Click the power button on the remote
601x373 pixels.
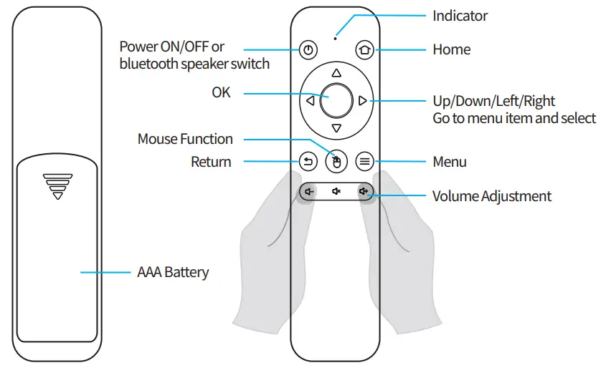click(x=308, y=50)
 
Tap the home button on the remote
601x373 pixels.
click(x=364, y=50)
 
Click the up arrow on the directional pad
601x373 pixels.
click(x=336, y=73)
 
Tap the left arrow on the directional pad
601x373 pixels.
click(x=309, y=102)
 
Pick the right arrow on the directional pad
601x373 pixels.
click(x=363, y=102)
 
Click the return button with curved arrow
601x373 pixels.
click(x=308, y=162)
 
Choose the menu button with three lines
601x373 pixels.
click(x=364, y=162)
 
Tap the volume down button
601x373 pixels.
click(x=308, y=191)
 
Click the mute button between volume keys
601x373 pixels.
click(x=336, y=191)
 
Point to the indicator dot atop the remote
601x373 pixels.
click(x=336, y=37)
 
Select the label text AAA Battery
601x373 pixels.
click(x=173, y=272)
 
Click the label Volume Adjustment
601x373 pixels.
click(x=492, y=196)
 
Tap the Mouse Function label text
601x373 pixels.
click(x=185, y=139)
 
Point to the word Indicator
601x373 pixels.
click(x=460, y=16)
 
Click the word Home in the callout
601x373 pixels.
click(x=452, y=50)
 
